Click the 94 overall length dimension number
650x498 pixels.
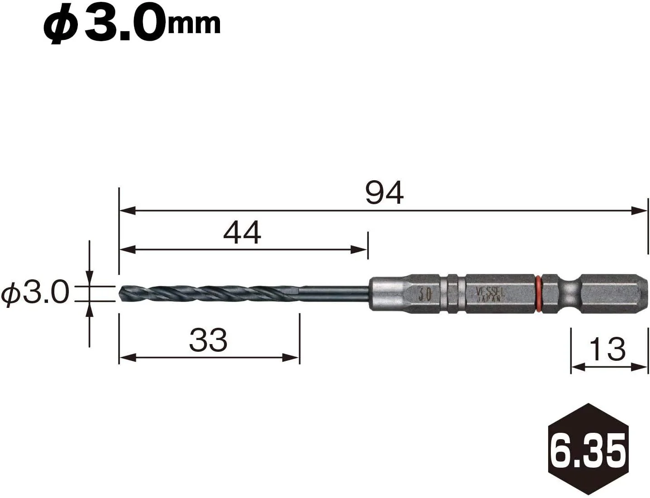[384, 193]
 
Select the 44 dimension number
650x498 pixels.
[242, 233]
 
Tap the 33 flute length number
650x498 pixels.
[208, 340]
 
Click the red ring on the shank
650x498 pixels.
[538, 294]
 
